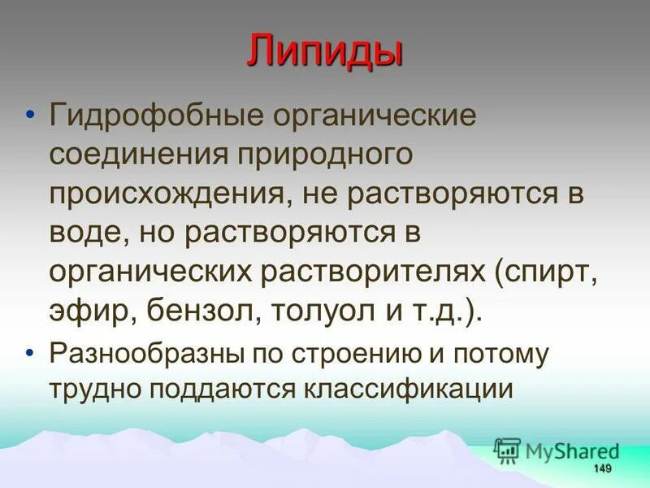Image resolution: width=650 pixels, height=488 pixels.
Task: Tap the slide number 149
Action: pyautogui.click(x=601, y=468)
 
